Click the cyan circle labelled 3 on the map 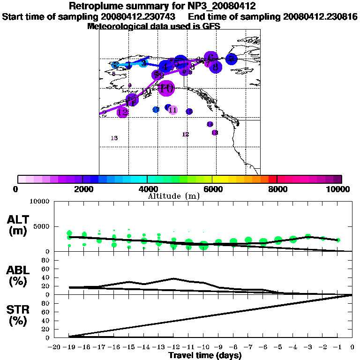(x=144, y=63)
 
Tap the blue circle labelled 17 (x=156, y=110)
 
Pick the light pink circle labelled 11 (x=172, y=110)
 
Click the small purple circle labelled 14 (x=210, y=124)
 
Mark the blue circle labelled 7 (x=231, y=59)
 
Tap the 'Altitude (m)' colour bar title (x=173, y=196)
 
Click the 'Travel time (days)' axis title (x=205, y=356)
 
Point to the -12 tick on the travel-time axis (x=173, y=347)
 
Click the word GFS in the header (x=210, y=26)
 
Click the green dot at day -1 (x=337, y=240)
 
